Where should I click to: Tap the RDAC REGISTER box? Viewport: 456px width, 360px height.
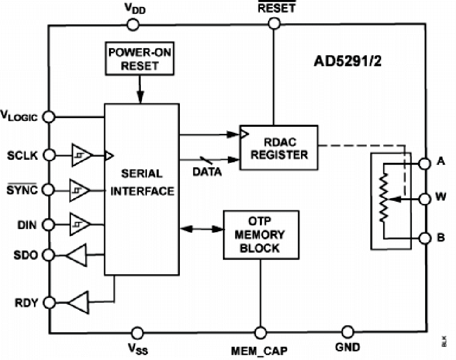278,147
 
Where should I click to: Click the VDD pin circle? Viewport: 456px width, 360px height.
133,24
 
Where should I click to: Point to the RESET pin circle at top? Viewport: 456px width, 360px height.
274,23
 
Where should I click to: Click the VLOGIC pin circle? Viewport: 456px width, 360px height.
49,117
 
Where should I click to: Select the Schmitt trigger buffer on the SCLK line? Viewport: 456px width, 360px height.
81,155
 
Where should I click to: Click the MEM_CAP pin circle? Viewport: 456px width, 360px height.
260,333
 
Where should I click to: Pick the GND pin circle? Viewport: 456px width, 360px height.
347,333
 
